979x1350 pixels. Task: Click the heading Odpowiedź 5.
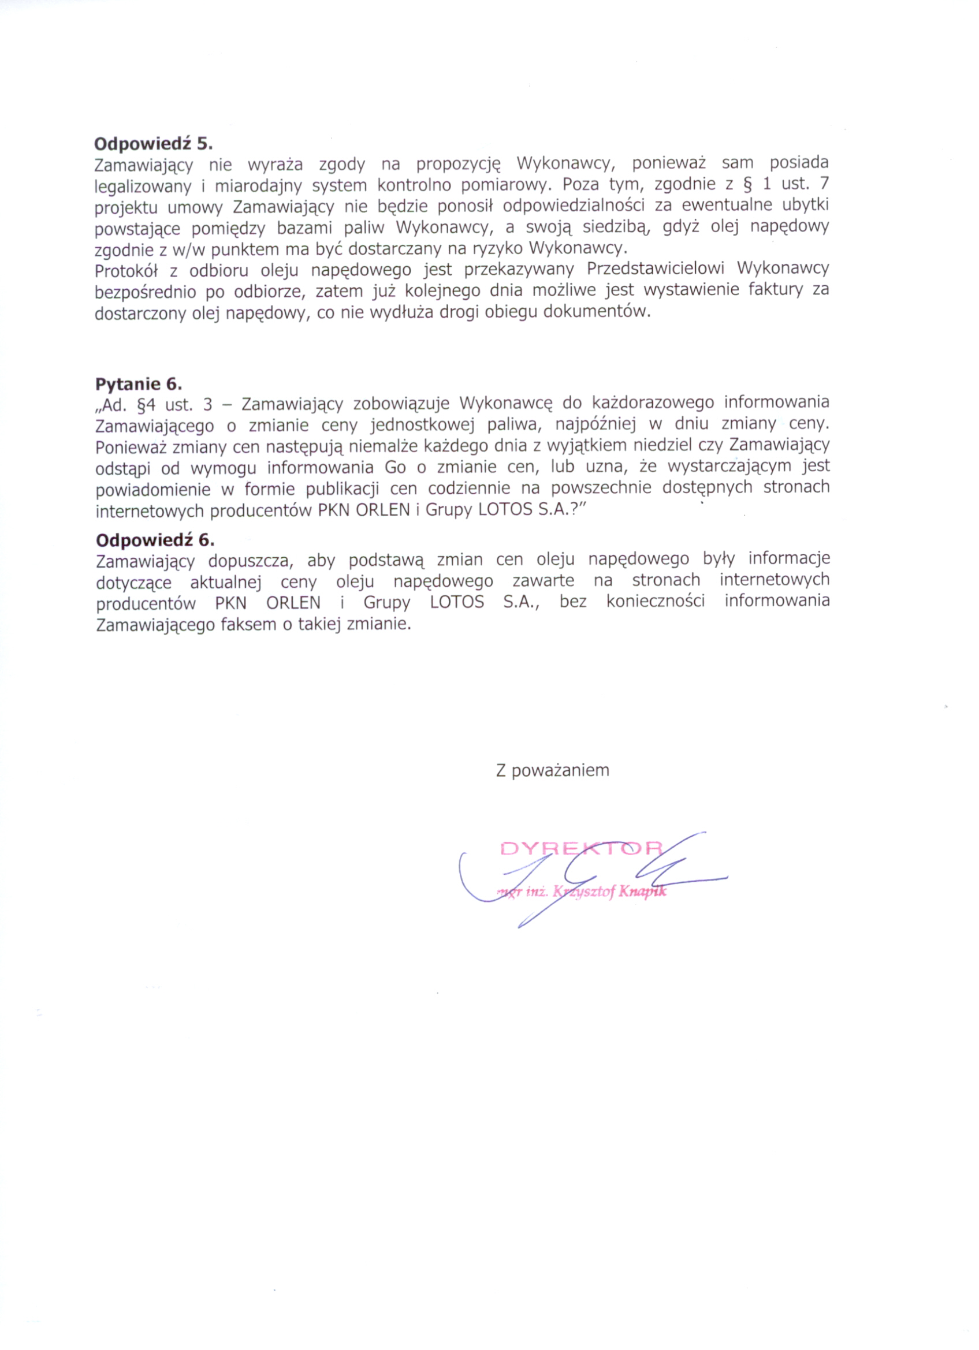(153, 143)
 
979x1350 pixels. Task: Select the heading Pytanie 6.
(139, 384)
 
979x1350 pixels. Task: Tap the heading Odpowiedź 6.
(155, 540)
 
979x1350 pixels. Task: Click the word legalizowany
(143, 187)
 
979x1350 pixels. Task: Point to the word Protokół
(126, 271)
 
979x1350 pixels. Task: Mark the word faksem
(248, 624)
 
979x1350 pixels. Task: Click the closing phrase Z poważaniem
(553, 770)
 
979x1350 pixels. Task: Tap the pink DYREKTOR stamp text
(582, 848)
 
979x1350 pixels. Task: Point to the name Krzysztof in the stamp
(584, 892)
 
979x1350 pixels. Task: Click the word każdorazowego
(653, 403)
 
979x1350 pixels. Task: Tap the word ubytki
(804, 206)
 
